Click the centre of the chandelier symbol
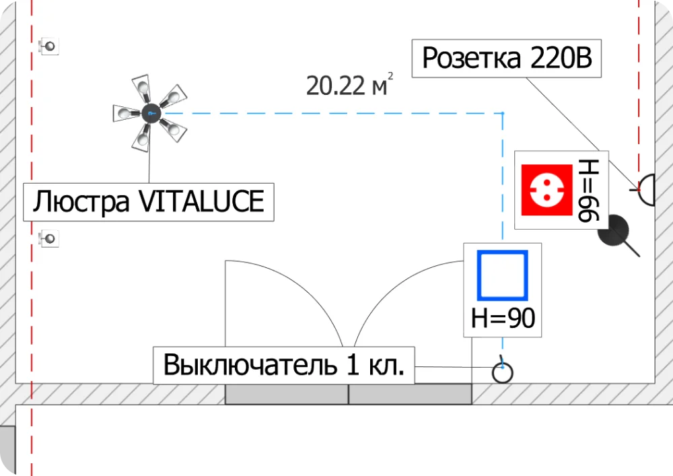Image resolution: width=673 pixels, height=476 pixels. point(149,113)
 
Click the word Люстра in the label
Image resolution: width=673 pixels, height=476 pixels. point(81,201)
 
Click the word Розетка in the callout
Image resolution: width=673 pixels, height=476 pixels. point(471,59)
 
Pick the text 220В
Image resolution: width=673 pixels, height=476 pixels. point(561,59)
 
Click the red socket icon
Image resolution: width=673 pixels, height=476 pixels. point(546,191)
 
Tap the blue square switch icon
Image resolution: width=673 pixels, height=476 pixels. point(502,275)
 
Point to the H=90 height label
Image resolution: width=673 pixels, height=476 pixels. point(503,317)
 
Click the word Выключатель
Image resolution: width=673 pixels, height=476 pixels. point(248,366)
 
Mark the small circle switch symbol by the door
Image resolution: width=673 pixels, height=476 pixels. point(502,372)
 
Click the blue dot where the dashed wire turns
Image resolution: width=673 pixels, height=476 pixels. point(502,113)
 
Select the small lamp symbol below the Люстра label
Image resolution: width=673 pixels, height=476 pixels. point(49,238)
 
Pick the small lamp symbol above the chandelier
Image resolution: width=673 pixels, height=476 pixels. point(49,46)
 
